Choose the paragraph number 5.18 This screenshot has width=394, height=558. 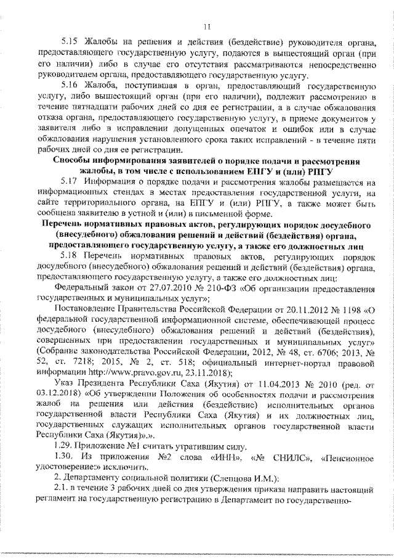(x=72, y=253)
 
